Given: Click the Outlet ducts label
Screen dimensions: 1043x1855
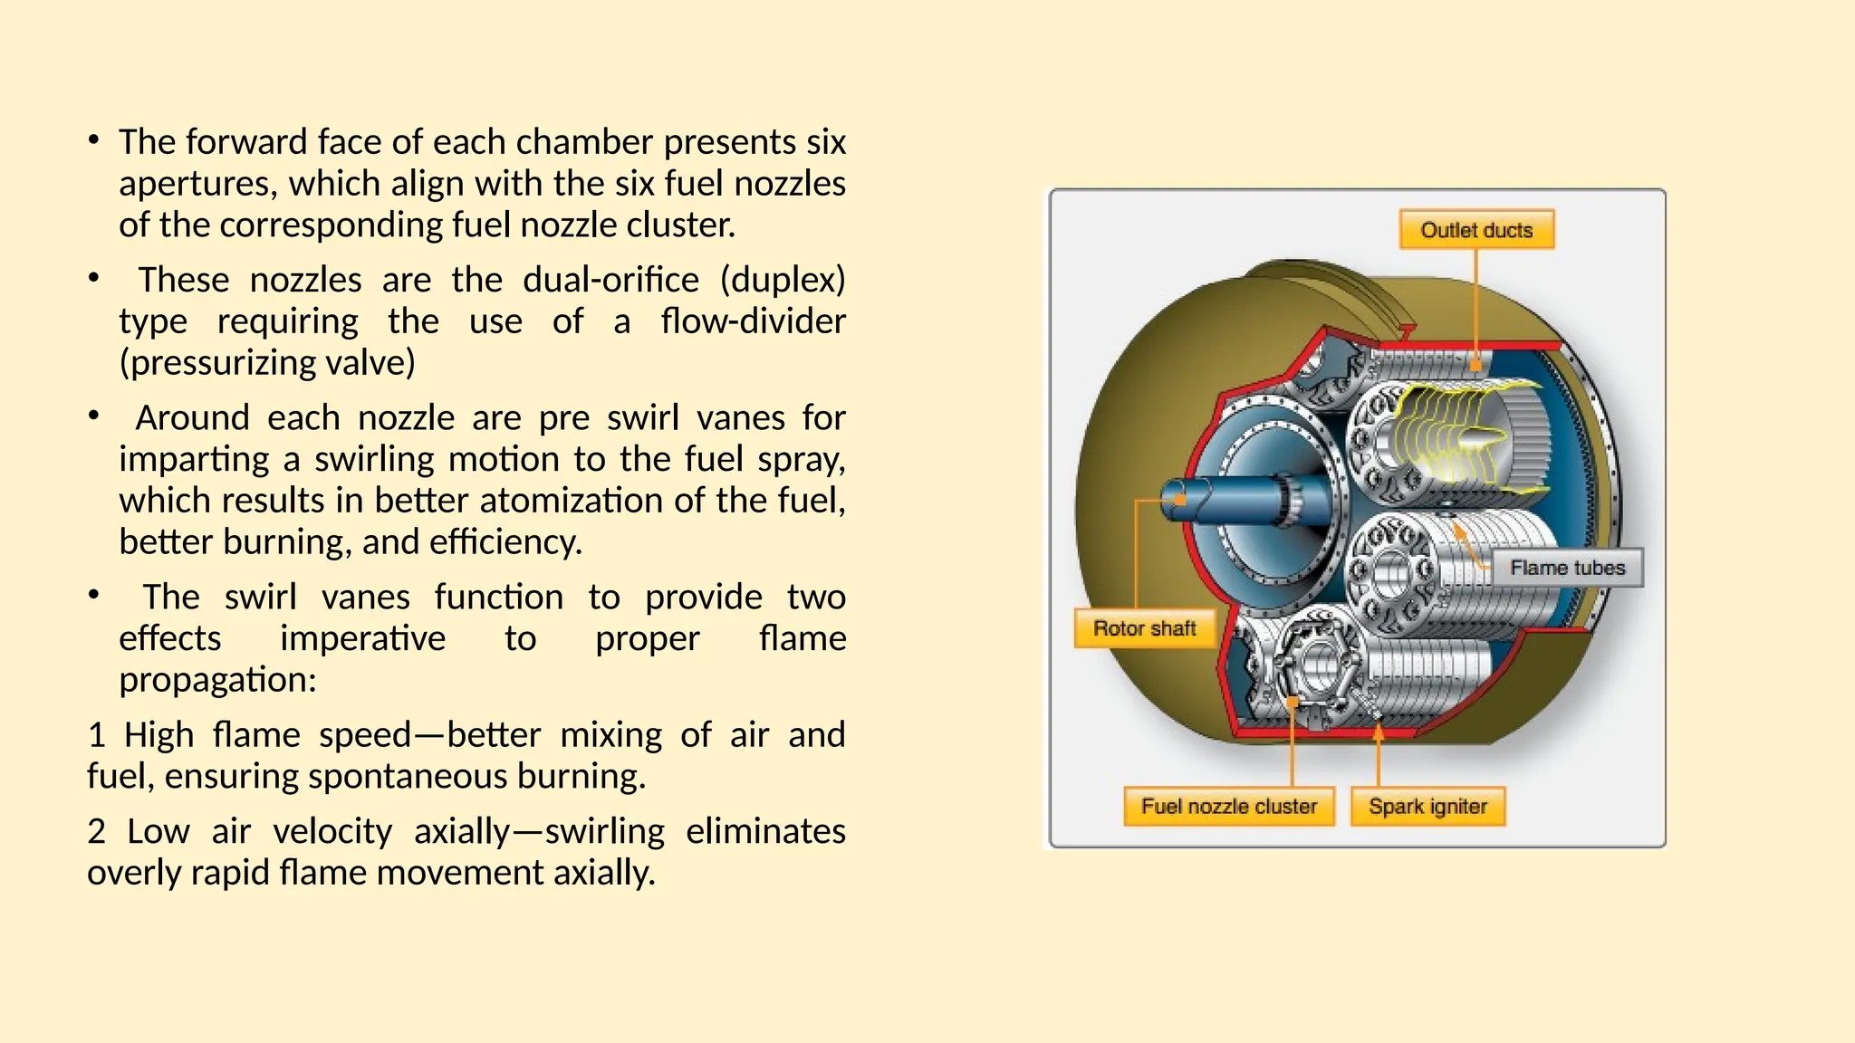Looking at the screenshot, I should click(x=1475, y=230).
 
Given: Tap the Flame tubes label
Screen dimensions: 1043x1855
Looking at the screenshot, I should click(x=1567, y=568).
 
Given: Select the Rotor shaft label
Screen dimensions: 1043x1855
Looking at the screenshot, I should click(x=1144, y=628).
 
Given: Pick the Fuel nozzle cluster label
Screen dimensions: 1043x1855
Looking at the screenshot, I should click(x=1228, y=806).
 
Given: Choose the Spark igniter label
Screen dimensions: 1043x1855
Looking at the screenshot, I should click(x=1427, y=806).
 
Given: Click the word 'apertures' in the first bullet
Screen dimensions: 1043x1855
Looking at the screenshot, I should click(x=198, y=184).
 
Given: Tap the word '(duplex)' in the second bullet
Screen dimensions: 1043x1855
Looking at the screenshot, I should click(x=783, y=280).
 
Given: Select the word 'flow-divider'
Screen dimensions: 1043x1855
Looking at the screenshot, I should click(x=753, y=321).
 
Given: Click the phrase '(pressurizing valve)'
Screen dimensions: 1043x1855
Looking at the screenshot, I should click(x=267, y=363).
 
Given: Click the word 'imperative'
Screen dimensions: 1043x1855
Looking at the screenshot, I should click(x=362, y=639).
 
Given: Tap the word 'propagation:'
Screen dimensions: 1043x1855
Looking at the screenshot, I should click(x=217, y=680).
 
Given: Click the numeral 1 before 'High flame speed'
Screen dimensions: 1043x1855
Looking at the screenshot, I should click(x=96, y=735).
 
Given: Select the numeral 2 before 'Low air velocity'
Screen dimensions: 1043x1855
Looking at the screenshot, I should click(x=97, y=831).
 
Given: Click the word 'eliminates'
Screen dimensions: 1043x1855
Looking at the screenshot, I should click(x=765, y=831).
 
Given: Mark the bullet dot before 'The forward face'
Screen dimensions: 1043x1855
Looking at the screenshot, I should click(x=93, y=140).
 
